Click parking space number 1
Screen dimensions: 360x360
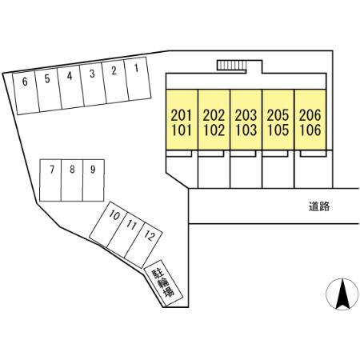click(138, 78)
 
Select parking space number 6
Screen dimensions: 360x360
click(26, 93)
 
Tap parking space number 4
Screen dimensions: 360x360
click(70, 87)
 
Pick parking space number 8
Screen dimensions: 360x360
click(72, 180)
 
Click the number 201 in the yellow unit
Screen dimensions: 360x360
click(182, 115)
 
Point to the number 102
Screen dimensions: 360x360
click(214, 130)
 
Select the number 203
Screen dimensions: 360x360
click(246, 115)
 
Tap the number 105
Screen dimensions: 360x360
click(278, 130)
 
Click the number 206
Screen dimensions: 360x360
click(310, 115)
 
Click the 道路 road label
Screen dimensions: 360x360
click(319, 206)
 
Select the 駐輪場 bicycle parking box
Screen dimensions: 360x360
click(163, 283)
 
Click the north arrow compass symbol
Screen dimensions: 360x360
click(342, 294)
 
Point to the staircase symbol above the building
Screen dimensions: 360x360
click(231, 66)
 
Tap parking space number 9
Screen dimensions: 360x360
click(94, 180)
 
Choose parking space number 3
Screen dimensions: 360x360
click(93, 84)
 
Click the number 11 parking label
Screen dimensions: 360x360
click(131, 226)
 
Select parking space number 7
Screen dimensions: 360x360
click(50, 180)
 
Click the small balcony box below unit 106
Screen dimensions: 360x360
click(313, 154)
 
